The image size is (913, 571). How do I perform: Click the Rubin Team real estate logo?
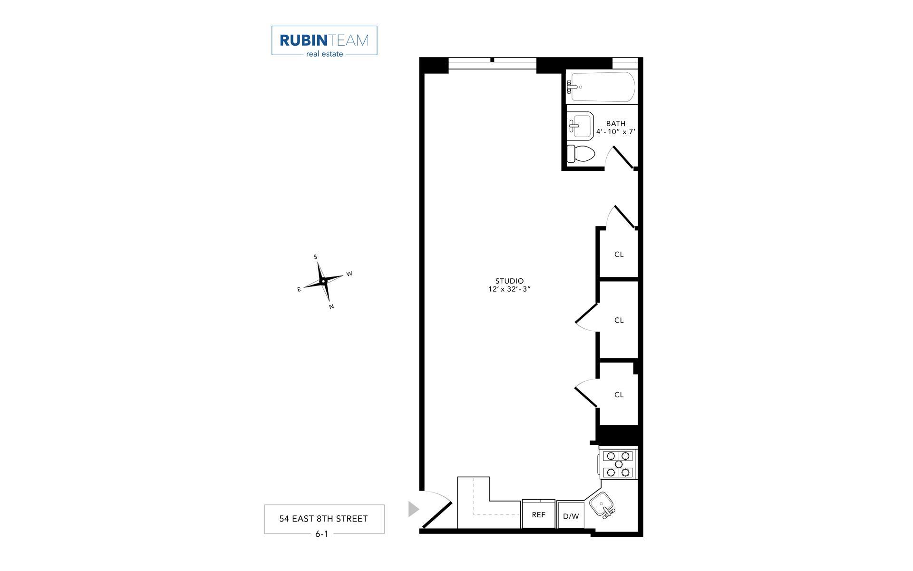tap(324, 41)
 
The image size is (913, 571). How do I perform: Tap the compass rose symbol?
tap(323, 281)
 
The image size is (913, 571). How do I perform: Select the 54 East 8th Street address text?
tap(323, 519)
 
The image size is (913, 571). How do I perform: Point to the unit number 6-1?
tap(322, 534)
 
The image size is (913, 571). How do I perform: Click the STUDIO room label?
tap(509, 281)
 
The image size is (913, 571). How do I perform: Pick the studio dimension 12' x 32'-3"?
tap(509, 289)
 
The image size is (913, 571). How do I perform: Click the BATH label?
tap(616, 123)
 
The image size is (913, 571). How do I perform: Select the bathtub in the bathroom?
tap(602, 87)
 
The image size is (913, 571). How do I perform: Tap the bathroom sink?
tap(581, 126)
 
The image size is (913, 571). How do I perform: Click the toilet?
tap(581, 153)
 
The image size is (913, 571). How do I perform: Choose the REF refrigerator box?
tap(538, 514)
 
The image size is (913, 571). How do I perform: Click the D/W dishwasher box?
tap(571, 516)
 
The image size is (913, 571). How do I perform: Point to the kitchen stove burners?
tap(619, 464)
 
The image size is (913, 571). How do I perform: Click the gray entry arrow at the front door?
tap(413, 509)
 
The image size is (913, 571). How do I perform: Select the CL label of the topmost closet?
tap(619, 255)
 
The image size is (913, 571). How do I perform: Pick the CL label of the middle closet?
tap(619, 320)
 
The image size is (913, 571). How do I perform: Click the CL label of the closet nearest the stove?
tap(619, 394)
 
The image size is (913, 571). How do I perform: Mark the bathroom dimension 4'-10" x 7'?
tap(616, 132)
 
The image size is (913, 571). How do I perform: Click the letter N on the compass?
tap(331, 307)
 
